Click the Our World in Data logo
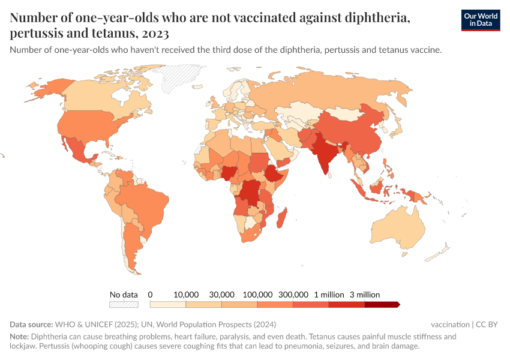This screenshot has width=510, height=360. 480,20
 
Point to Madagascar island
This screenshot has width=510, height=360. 281,217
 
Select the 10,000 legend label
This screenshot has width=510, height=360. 186,295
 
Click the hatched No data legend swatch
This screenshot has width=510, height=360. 124,305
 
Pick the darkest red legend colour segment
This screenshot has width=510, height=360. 382,305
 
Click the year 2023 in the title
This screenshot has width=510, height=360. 156,33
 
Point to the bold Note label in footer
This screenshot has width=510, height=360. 19,337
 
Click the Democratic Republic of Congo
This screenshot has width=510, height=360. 249,192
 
